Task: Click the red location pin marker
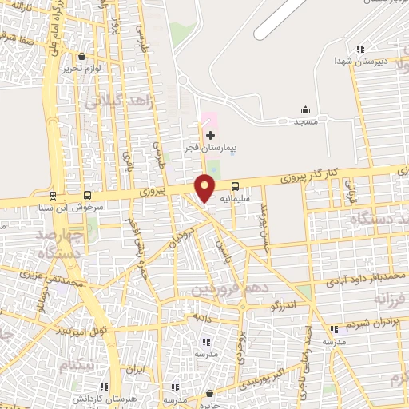205,188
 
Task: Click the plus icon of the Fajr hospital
210,135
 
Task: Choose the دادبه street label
196,316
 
